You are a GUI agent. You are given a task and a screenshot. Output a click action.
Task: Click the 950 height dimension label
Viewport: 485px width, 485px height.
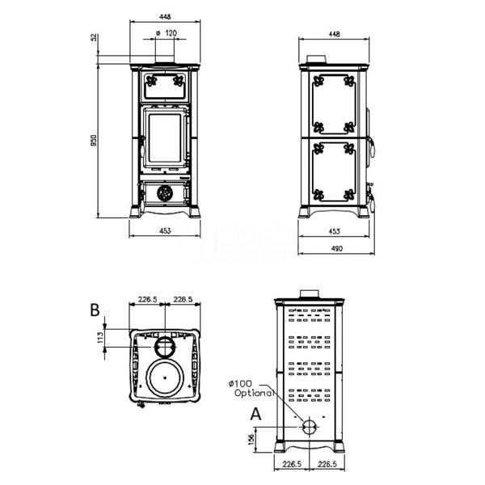(x=94, y=141)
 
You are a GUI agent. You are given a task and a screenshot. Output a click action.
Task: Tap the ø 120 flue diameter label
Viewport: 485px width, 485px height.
(x=167, y=33)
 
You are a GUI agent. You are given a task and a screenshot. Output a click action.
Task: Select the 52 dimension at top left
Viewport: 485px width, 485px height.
(x=95, y=37)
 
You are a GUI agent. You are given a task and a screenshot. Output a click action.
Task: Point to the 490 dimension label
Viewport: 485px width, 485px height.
(x=336, y=248)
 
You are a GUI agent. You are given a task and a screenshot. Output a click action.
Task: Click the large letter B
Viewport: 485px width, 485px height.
(x=95, y=310)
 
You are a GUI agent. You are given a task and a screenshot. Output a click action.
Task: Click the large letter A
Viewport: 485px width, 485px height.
(x=255, y=414)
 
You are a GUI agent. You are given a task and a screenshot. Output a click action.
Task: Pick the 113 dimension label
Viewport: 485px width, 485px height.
(x=100, y=337)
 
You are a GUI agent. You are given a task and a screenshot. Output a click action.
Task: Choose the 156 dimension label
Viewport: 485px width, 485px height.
(x=251, y=439)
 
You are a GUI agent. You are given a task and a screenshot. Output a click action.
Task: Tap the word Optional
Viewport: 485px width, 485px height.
(x=255, y=393)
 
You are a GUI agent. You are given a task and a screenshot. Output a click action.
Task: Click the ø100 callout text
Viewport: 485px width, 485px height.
(x=240, y=384)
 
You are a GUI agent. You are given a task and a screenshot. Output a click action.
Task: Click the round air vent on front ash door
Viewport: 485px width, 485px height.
(x=165, y=193)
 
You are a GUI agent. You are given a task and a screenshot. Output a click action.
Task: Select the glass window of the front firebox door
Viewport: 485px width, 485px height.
(x=165, y=138)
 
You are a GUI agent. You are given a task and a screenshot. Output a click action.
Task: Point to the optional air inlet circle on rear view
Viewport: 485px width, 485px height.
(x=310, y=427)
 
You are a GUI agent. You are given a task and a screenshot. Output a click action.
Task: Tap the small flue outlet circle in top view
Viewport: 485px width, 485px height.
(x=165, y=347)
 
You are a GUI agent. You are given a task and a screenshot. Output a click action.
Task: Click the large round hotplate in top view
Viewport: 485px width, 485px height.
(x=165, y=377)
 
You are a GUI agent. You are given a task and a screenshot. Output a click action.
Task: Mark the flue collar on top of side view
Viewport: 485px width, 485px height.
(x=316, y=59)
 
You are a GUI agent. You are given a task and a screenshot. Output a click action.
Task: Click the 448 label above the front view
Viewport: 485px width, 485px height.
(x=165, y=17)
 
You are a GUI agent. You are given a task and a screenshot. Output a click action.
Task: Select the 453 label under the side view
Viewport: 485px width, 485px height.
(x=334, y=231)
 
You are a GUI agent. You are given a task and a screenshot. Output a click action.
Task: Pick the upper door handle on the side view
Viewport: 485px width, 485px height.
(x=372, y=147)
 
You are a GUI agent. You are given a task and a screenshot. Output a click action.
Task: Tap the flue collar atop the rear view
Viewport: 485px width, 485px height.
(x=310, y=294)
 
